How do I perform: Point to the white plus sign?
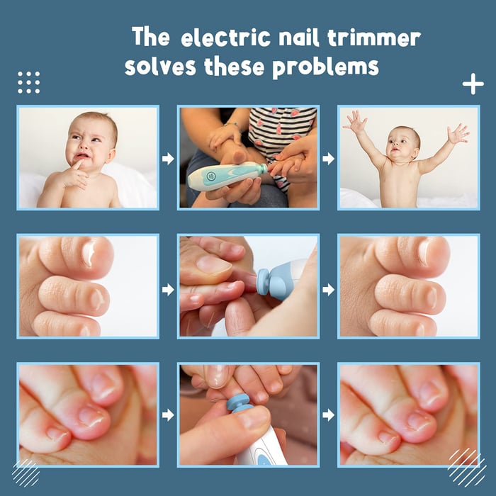click(x=473, y=84)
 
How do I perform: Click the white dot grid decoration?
click(x=28, y=82)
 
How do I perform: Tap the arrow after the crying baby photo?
click(x=168, y=159)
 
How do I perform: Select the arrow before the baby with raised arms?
click(x=328, y=159)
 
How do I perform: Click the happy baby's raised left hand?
click(x=458, y=133)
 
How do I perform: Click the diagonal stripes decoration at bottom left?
click(x=26, y=472)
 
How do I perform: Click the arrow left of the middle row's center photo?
click(x=168, y=289)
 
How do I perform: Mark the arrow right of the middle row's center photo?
click(x=328, y=289)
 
